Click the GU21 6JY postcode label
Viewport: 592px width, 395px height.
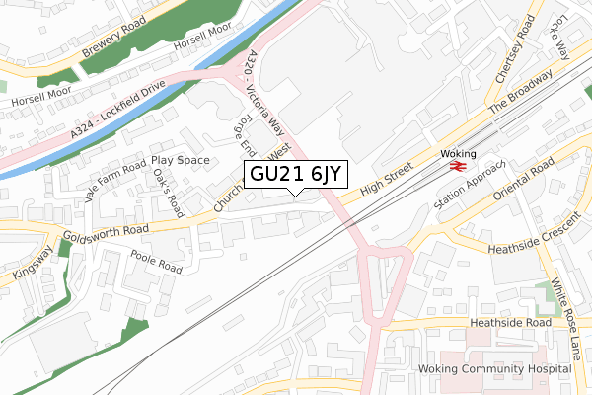(x=294, y=174)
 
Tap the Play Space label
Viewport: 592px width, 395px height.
(x=180, y=159)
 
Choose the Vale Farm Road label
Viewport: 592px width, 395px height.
(x=114, y=179)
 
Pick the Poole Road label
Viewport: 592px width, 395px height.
(x=156, y=262)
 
